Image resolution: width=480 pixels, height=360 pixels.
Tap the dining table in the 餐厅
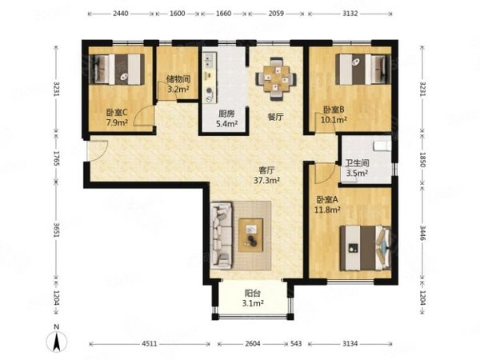pyautogui.click(x=276, y=79)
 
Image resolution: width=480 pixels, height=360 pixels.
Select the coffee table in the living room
pyautogui.click(x=251, y=235)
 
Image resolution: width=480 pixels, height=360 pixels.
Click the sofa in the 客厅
pyautogui.click(x=221, y=235)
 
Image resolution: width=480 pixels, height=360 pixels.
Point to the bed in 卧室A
pyautogui.click(x=366, y=248)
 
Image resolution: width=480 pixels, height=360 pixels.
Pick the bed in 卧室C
pyautogui.click(x=116, y=69)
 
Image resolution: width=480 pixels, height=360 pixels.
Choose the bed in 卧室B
pyautogui.click(x=363, y=69)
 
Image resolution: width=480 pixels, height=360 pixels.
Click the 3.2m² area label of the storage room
pyautogui.click(x=178, y=90)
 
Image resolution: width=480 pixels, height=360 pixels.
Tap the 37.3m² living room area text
pyautogui.click(x=266, y=180)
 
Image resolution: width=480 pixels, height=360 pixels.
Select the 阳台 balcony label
pyautogui.click(x=253, y=294)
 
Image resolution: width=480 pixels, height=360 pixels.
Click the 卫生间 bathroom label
pyautogui.click(x=358, y=163)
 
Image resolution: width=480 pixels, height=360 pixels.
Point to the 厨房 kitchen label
pyautogui.click(x=226, y=114)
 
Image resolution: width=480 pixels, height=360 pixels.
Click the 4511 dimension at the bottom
pyautogui.click(x=150, y=344)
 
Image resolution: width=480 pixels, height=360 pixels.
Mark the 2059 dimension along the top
pyautogui.click(x=276, y=14)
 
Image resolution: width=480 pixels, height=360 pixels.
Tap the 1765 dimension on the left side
pyautogui.click(x=56, y=158)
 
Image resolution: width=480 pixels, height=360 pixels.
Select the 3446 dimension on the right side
pyautogui.click(x=422, y=234)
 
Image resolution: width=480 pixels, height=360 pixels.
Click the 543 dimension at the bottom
pyautogui.click(x=296, y=344)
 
